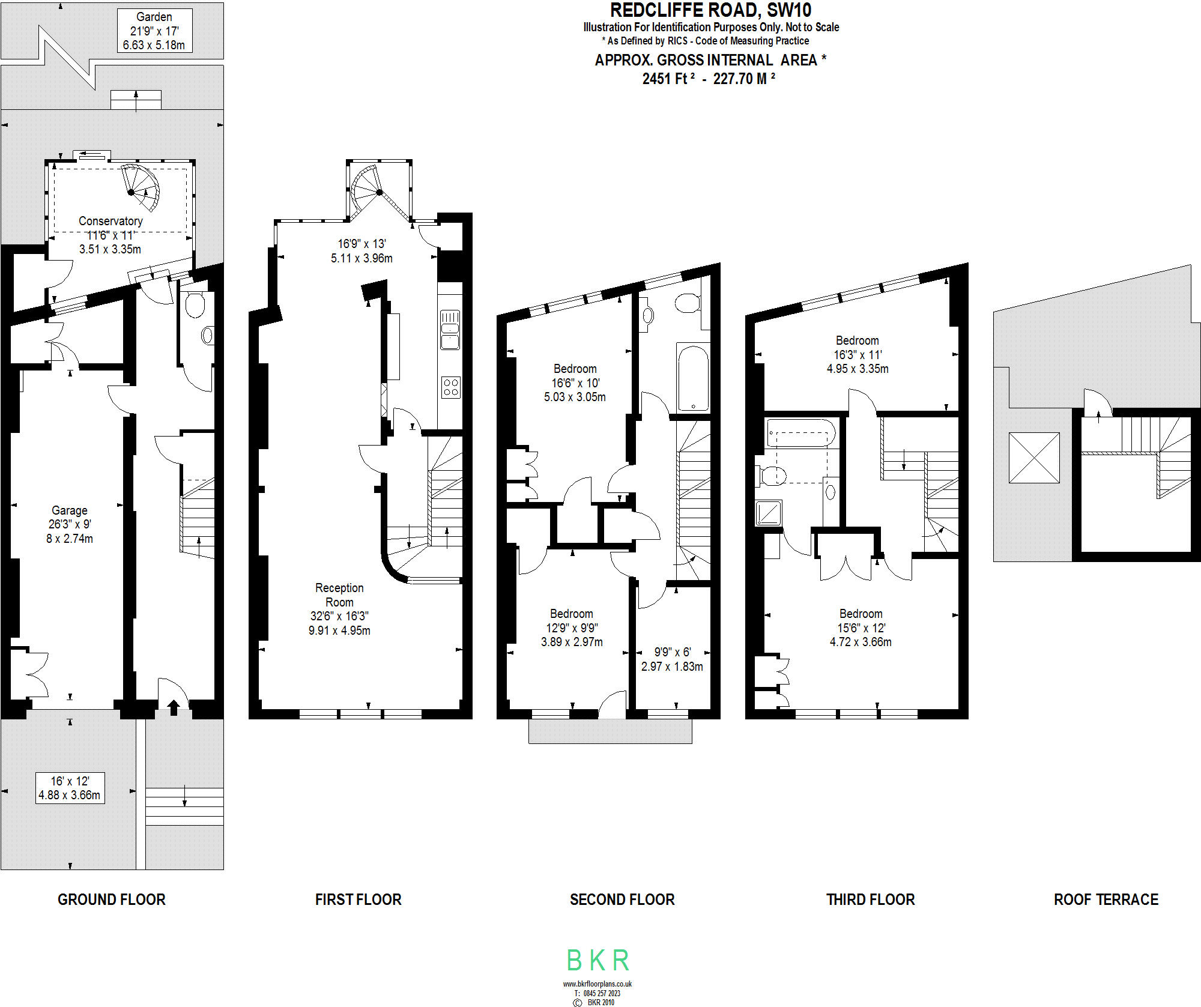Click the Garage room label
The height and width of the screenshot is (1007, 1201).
[x=70, y=510]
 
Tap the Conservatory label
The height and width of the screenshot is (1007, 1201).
[x=110, y=221]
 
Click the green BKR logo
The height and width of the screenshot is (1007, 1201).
[x=598, y=960]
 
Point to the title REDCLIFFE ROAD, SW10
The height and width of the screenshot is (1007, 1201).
[x=711, y=10]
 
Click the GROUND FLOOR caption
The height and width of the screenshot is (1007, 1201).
[x=112, y=900]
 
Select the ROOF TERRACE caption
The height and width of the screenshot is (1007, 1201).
[x=1106, y=900]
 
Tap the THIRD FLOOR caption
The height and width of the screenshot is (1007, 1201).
[x=871, y=900]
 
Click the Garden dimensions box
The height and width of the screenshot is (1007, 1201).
[x=154, y=31]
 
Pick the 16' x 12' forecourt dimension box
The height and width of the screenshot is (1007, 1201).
[x=70, y=788]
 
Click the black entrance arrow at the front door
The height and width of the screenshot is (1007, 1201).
[x=174, y=707]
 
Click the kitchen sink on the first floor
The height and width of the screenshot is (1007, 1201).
[x=450, y=329]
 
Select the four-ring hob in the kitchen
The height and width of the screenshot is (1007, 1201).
[x=451, y=387]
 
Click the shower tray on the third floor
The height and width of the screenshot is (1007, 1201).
[x=769, y=513]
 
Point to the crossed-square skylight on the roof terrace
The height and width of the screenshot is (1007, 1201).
[x=1034, y=458]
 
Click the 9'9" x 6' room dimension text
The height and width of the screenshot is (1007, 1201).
[x=673, y=652]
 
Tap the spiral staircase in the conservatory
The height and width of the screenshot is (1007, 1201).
[x=141, y=188]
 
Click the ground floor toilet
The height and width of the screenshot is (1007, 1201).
[x=195, y=304]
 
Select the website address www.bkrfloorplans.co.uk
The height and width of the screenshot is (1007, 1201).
[x=597, y=984]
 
